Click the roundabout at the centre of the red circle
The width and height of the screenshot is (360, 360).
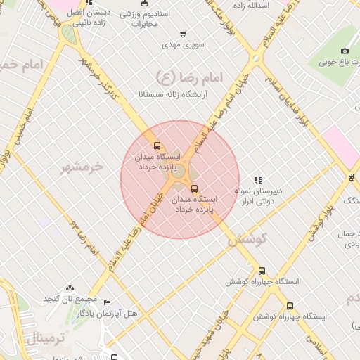[179, 171]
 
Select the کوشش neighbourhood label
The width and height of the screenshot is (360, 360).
[248, 239]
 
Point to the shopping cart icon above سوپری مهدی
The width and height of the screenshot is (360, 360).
[184, 34]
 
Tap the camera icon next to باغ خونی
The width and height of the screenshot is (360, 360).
[345, 51]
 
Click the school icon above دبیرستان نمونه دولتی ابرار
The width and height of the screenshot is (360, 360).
[258, 180]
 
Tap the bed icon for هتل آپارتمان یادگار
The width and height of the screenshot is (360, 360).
[107, 303]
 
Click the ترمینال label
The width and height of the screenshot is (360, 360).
[46, 340]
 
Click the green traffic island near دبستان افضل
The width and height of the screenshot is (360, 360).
[69, 33]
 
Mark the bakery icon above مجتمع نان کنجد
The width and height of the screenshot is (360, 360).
[70, 288]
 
